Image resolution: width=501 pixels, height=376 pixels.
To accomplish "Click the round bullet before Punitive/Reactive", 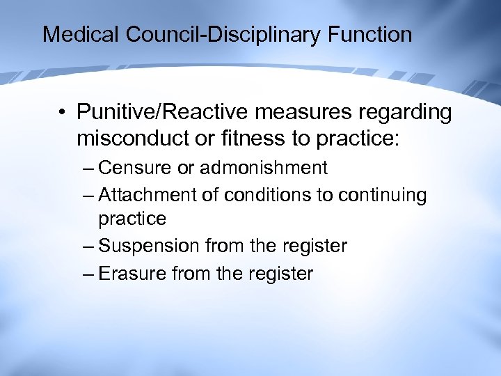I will coord(63,112).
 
